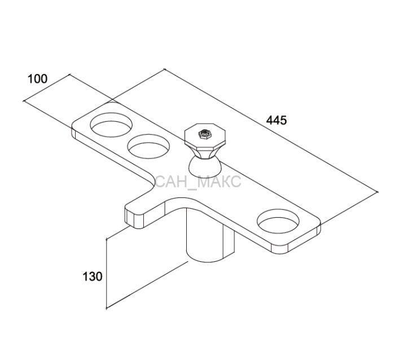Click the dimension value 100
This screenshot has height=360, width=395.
(x=37, y=79)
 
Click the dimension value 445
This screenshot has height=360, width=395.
(x=276, y=120)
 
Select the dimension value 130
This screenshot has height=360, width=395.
(x=93, y=276)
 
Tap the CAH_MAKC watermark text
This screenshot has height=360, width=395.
(x=198, y=181)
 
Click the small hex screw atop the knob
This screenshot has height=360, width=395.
(x=204, y=134)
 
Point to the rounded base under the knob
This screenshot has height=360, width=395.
(x=205, y=166)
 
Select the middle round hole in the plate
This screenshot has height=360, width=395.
(x=148, y=147)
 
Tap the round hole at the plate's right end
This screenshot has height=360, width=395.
(x=278, y=221)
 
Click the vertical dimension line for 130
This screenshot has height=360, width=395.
(x=107, y=273)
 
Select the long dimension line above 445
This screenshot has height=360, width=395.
(x=271, y=130)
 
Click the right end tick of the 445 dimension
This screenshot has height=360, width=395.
(x=378, y=192)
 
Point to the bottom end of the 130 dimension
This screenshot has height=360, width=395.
(x=107, y=308)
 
